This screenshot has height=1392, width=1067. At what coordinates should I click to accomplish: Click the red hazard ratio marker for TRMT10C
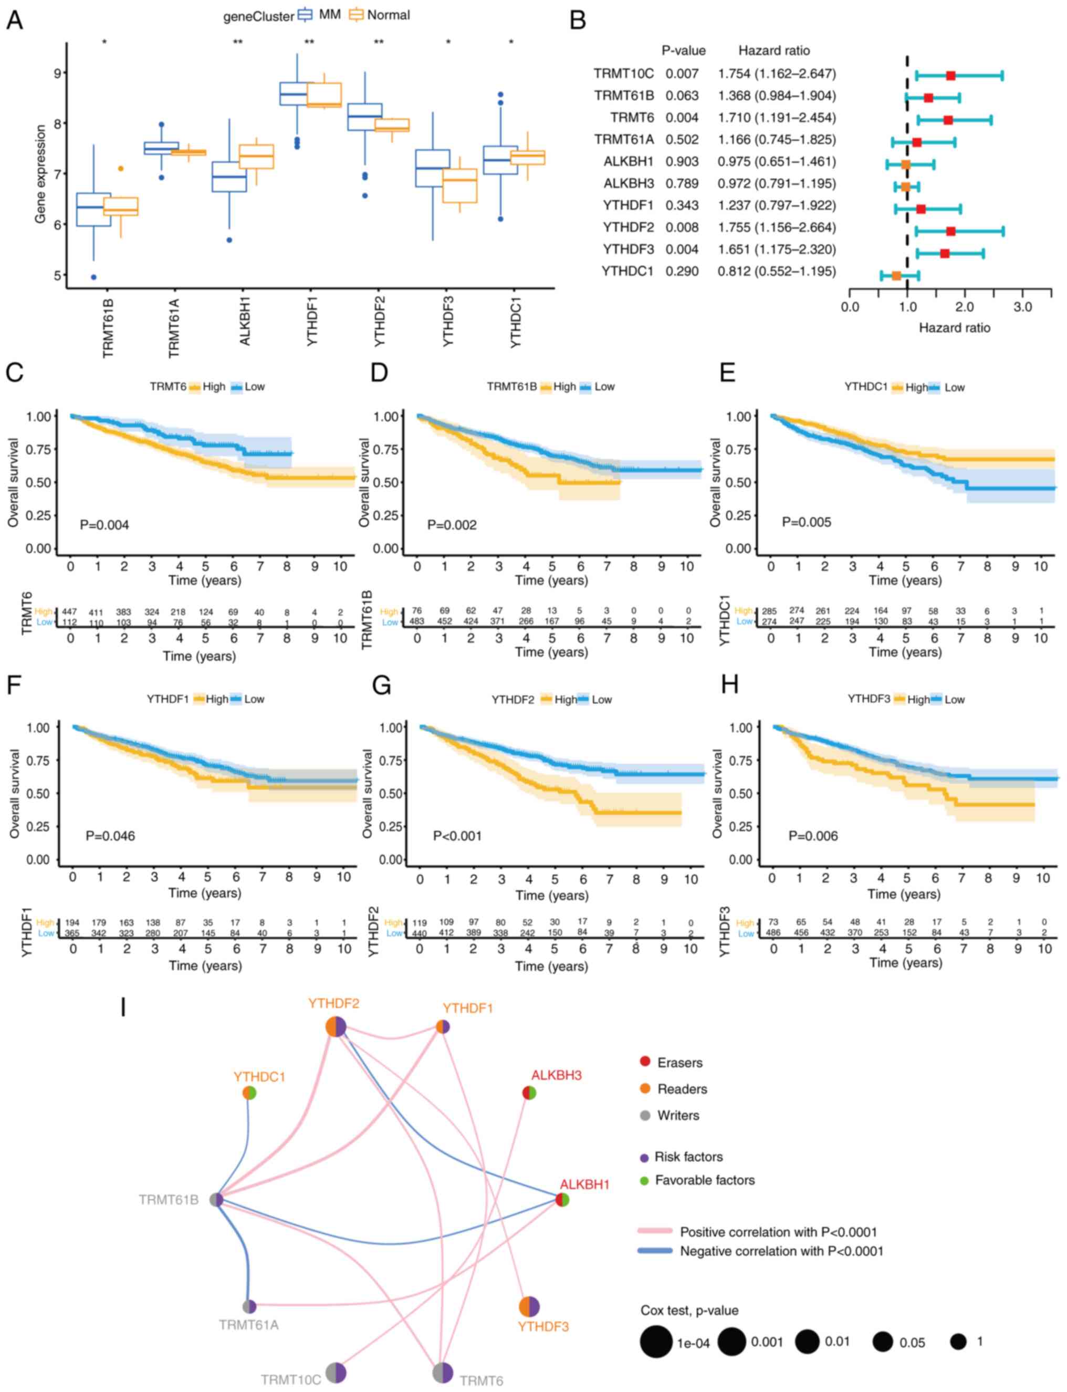[950, 76]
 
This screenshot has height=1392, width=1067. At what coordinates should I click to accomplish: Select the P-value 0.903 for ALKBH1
[682, 161]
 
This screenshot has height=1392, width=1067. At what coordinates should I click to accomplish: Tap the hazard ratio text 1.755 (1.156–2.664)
[777, 227]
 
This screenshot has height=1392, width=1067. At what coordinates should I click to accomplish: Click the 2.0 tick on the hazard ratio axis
[965, 307]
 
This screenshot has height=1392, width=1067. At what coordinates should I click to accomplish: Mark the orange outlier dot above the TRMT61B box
[121, 169]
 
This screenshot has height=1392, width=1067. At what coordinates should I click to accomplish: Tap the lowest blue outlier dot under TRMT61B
[93, 277]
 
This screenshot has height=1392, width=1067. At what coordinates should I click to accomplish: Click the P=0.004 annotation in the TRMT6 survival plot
[104, 525]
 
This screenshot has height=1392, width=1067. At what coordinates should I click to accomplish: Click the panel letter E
[728, 372]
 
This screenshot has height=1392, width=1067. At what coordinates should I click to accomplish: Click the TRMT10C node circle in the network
[336, 1373]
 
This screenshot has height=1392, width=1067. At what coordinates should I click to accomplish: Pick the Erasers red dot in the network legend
[645, 1062]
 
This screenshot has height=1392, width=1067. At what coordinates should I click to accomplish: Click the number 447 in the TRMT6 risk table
[69, 612]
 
